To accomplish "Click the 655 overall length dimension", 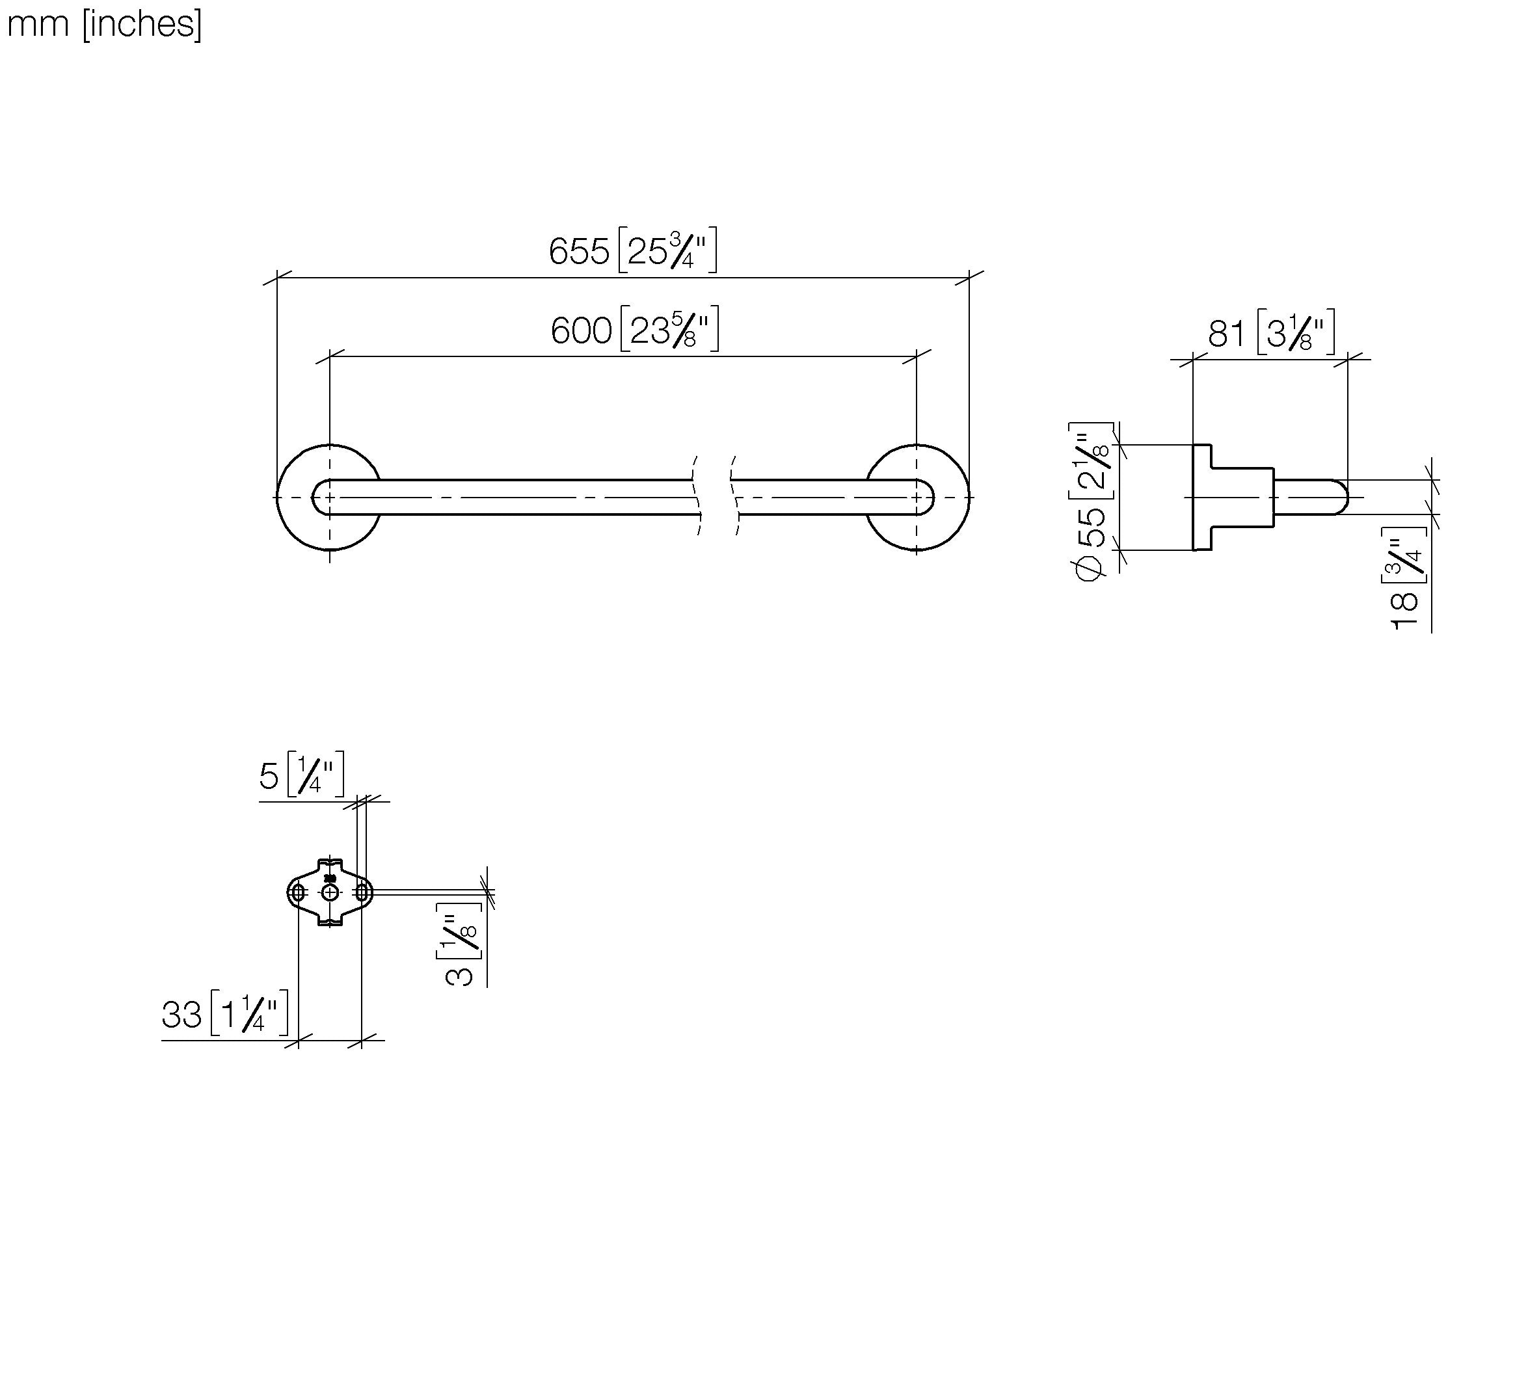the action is pyautogui.click(x=579, y=251).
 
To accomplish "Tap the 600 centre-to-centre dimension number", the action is pyautogui.click(x=581, y=330).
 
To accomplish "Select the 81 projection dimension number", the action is pyautogui.click(x=1226, y=334).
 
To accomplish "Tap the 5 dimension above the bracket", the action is pyautogui.click(x=269, y=775).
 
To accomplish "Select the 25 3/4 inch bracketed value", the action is pyautogui.click(x=667, y=250).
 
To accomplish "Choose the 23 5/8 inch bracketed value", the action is pyautogui.click(x=669, y=329).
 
